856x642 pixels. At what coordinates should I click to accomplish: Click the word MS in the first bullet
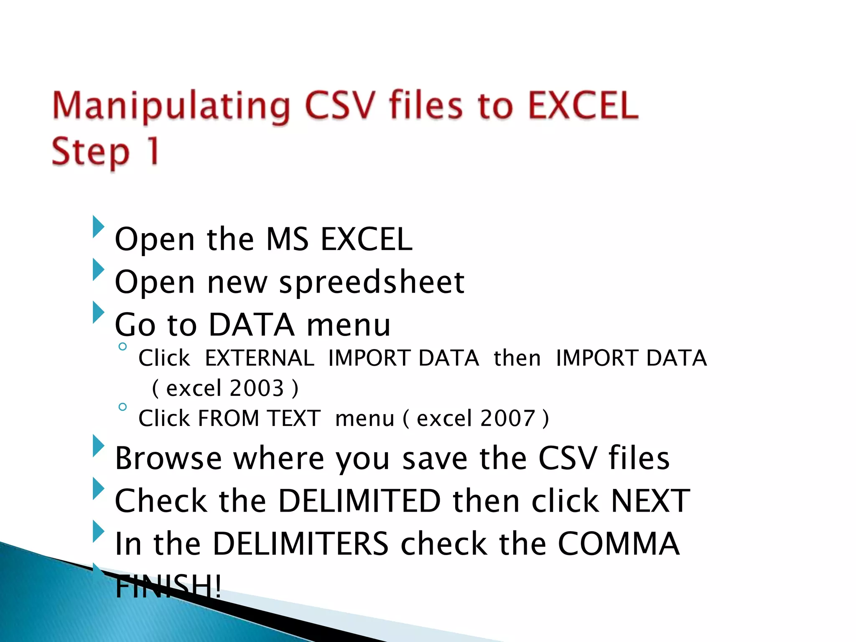coord(287,239)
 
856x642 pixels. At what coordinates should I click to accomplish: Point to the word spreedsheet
coord(372,282)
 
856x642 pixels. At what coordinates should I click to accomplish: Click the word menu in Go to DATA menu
coord(349,325)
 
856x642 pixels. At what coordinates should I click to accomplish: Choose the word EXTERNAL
coord(260,358)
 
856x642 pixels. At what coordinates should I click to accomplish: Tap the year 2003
coord(257,388)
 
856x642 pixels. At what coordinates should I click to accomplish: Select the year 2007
coord(508,418)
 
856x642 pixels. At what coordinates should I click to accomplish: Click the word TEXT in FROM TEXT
coord(294,418)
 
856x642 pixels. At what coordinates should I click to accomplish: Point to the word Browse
coord(168,459)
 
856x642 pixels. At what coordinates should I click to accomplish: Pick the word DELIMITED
coord(359,501)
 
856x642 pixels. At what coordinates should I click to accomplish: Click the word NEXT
coord(650,501)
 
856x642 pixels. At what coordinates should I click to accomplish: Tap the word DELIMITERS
coord(301,544)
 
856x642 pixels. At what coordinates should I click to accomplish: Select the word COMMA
coord(619,544)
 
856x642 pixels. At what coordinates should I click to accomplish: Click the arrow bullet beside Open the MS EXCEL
coord(98,227)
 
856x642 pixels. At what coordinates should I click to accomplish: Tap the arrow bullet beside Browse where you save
coord(98,446)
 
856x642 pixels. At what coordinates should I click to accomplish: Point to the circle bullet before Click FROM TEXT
coord(122,407)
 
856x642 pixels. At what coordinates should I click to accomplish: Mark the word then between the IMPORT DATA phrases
coord(517,358)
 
